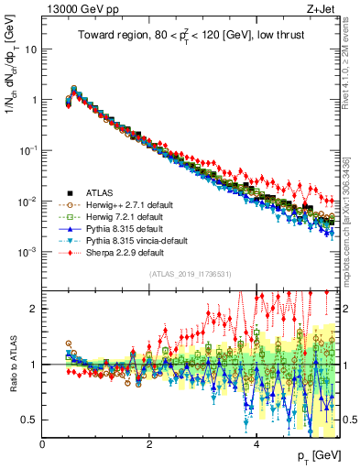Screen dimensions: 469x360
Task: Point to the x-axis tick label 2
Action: (150, 444)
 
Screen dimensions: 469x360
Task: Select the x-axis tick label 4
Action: (256, 444)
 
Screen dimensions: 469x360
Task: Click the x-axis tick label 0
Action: (43, 444)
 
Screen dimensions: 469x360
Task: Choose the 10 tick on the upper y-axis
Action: (32, 49)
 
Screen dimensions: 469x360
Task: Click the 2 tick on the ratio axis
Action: (34, 309)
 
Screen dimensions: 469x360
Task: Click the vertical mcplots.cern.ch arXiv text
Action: (352, 220)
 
